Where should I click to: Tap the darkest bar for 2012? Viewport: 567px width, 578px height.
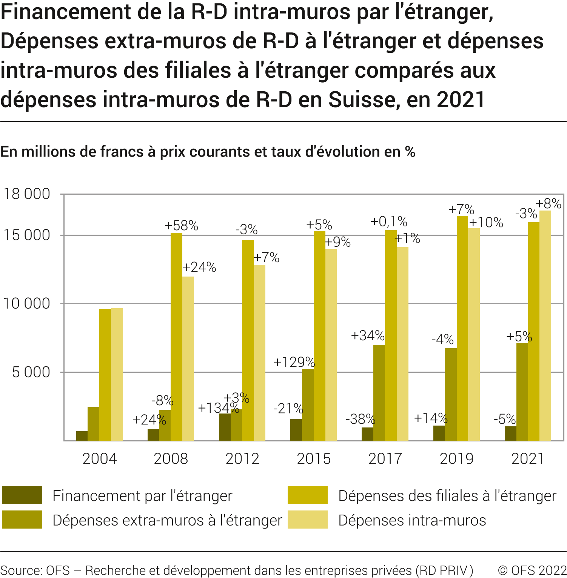click(x=225, y=427)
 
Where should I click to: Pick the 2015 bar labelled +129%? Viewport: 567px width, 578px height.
click(x=308, y=404)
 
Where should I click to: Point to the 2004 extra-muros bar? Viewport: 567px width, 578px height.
click(x=93, y=423)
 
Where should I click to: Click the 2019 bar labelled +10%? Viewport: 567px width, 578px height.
click(x=474, y=334)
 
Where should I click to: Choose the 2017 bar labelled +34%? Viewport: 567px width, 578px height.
click(x=379, y=392)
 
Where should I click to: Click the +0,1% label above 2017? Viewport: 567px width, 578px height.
click(x=389, y=221)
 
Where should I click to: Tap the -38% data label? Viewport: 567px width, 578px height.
click(x=361, y=419)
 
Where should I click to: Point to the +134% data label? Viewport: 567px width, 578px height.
click(x=219, y=408)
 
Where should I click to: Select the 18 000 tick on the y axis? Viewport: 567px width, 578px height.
click(x=27, y=194)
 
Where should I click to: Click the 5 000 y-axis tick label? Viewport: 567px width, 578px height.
click(x=31, y=372)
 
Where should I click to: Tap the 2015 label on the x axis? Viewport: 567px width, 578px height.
click(x=314, y=458)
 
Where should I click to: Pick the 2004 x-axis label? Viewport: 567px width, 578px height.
click(x=100, y=458)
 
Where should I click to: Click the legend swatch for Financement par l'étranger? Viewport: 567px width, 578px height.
click(x=22, y=495)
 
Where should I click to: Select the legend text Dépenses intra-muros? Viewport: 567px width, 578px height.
click(x=412, y=520)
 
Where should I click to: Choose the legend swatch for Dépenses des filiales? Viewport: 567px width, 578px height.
click(x=307, y=495)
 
